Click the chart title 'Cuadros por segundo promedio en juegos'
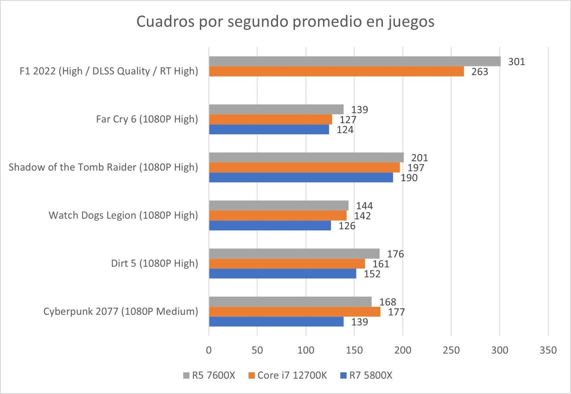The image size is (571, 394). (x=285, y=21)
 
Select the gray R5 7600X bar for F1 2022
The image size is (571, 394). (x=354, y=61)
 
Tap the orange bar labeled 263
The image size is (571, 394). (x=336, y=71)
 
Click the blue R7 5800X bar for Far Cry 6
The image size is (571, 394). (x=269, y=130)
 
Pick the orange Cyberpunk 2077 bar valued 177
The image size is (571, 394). (x=294, y=312)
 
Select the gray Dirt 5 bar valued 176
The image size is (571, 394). (x=294, y=254)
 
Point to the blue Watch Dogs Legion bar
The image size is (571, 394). (x=270, y=226)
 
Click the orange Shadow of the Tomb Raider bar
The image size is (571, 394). (x=304, y=167)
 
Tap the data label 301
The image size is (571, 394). (x=516, y=62)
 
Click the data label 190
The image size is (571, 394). (x=409, y=178)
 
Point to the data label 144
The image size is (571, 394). (x=364, y=206)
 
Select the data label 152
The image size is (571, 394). (x=372, y=274)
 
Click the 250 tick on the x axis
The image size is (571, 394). (x=451, y=350)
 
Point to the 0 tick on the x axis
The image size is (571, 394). (x=209, y=350)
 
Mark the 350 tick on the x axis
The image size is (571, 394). (x=548, y=350)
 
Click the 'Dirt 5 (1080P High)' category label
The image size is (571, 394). (x=154, y=263)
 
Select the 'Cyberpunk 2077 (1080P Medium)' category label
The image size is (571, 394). (x=121, y=311)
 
